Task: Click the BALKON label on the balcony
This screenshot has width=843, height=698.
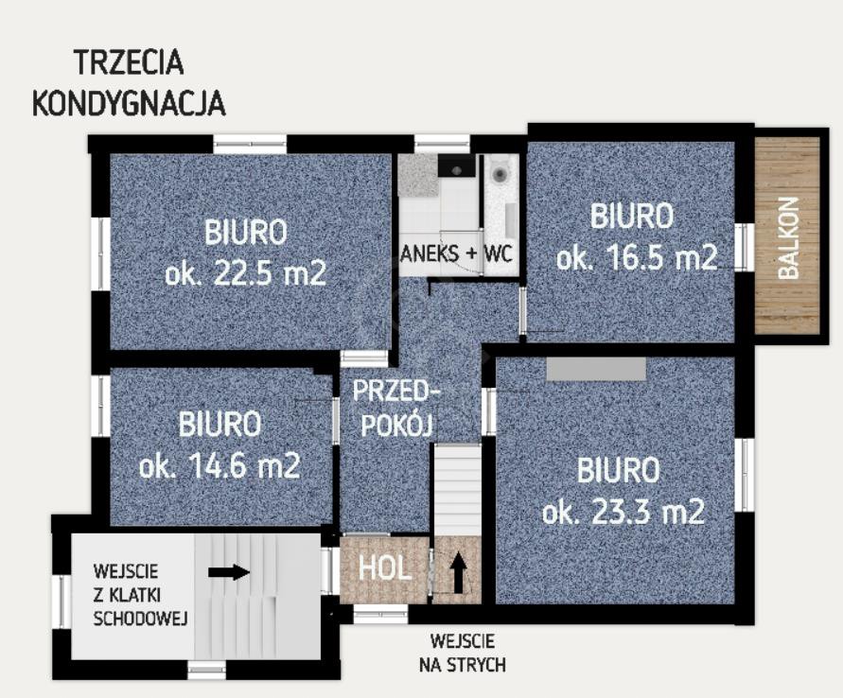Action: tap(789, 238)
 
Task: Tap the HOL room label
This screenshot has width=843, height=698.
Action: tap(385, 568)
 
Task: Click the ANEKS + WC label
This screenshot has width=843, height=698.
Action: tap(456, 253)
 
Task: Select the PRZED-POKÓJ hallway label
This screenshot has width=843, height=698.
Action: tap(395, 408)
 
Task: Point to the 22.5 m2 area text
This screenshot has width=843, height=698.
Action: tap(245, 274)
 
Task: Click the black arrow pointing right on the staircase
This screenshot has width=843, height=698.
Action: tap(229, 572)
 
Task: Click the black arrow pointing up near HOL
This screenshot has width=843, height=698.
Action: tap(458, 573)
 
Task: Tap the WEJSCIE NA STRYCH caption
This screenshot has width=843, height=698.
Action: tap(463, 653)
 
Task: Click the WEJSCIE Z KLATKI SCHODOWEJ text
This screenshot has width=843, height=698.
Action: tap(140, 595)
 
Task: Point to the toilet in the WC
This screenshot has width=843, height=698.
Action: tap(500, 172)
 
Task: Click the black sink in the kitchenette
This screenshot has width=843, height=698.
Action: tap(456, 166)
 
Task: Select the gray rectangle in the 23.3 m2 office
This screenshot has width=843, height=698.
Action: tap(596, 369)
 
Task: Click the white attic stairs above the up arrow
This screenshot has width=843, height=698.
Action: tap(458, 490)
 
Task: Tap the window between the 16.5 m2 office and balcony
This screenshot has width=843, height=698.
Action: tap(745, 248)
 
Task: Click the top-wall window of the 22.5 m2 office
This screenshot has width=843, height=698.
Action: tap(250, 144)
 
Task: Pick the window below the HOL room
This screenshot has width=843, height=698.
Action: tap(380, 614)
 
